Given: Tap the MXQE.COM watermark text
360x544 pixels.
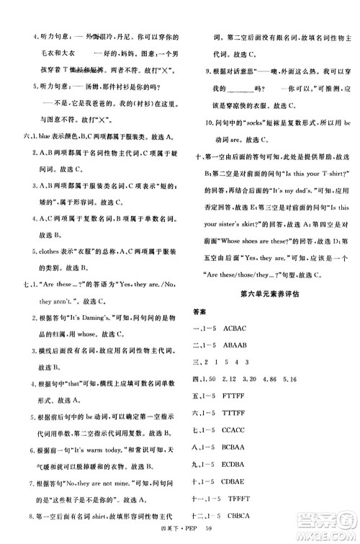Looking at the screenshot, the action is pyautogui.click(x=330, y=530).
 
